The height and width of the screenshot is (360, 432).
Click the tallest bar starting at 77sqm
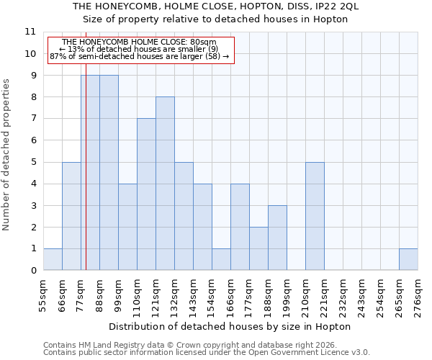click(90, 173)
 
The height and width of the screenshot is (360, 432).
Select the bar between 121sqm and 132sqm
click(165, 184)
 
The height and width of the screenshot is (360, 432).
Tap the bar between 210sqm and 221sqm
click(315, 216)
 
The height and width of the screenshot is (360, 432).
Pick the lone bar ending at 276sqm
click(408, 259)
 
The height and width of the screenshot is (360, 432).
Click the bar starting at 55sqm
click(53, 259)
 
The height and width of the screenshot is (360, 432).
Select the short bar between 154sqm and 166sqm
click(221, 259)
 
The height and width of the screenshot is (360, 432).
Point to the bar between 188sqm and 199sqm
click(277, 238)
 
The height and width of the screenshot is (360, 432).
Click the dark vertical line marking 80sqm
click(86, 180)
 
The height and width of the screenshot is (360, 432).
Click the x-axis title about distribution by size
click(230, 326)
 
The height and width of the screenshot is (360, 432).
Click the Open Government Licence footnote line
click(207, 353)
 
